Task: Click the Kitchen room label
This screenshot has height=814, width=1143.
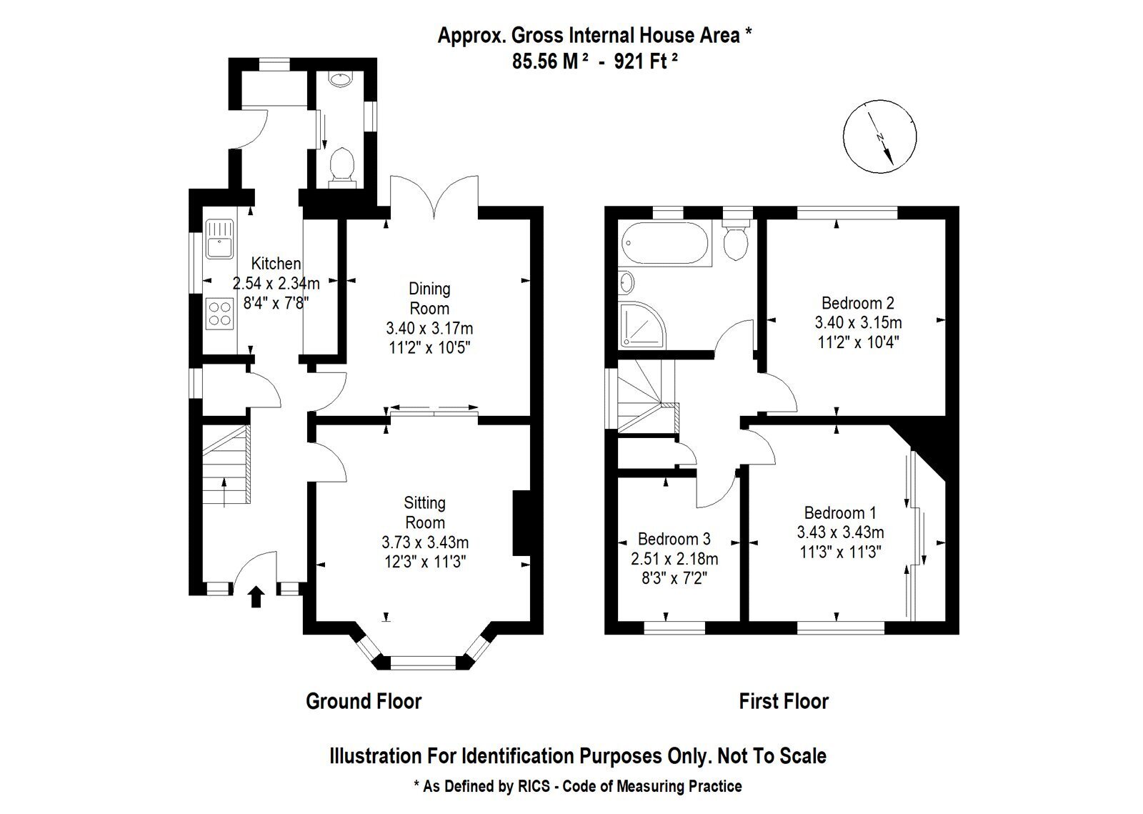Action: click(x=276, y=263)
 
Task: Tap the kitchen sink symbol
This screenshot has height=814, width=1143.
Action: click(x=219, y=239)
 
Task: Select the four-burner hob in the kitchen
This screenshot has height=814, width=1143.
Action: click(x=220, y=313)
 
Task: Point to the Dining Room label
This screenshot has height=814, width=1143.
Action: click(x=429, y=299)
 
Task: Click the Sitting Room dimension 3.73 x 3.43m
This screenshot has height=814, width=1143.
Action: click(x=425, y=542)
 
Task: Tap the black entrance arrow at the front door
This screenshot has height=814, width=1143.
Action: click(x=256, y=597)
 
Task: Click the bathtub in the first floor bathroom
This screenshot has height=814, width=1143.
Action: click(x=665, y=244)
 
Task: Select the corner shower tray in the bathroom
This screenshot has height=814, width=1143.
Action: click(x=642, y=325)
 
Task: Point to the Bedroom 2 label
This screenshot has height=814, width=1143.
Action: click(x=858, y=303)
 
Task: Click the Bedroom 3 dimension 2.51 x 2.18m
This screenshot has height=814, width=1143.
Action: click(x=674, y=559)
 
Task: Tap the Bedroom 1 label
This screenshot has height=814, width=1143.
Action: click(x=840, y=512)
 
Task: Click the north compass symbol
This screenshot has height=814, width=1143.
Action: click(x=879, y=137)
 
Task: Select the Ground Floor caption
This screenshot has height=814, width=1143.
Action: click(x=364, y=701)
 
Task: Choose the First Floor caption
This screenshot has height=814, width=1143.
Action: click(x=784, y=701)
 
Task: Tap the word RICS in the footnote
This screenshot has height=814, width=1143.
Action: click(x=534, y=786)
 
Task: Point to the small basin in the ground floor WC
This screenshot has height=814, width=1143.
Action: click(x=340, y=79)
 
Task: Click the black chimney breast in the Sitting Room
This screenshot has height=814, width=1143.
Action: click(x=521, y=523)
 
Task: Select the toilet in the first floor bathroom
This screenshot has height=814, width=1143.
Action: click(x=737, y=240)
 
